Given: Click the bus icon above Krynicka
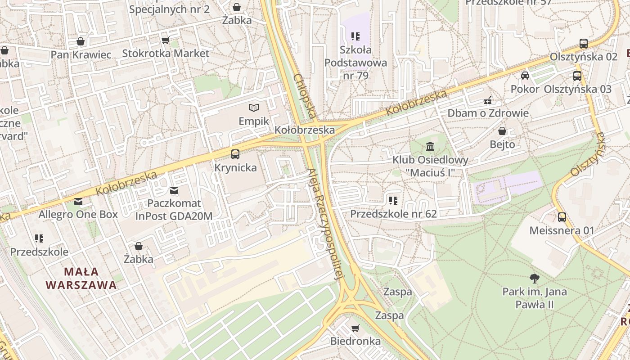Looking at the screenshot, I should [235, 154].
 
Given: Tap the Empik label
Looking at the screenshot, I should [254, 121].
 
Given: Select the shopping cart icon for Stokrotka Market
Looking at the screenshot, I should [165, 40].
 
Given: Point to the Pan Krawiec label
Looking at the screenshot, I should [81, 55].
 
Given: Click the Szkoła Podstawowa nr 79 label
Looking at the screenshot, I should [355, 63].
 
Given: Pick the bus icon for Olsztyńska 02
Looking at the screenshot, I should [583, 44].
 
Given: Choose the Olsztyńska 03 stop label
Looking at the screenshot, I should [577, 89].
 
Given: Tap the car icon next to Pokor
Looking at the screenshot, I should [525, 76].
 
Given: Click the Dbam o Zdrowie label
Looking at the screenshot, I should [488, 113].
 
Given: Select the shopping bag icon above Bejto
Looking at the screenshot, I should [502, 131].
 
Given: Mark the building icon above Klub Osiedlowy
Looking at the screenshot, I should [430, 147].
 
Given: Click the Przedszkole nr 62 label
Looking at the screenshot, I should [393, 214].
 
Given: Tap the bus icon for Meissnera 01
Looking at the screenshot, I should [562, 217].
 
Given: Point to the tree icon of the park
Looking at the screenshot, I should [534, 278].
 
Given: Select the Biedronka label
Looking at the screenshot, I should [355, 341].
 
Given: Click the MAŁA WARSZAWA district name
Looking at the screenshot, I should [81, 278].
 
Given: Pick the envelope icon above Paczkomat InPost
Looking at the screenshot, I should [174, 190].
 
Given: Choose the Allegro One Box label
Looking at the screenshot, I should [78, 214].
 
